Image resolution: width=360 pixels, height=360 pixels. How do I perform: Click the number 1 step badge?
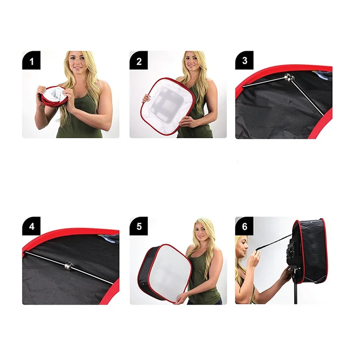coord(31,60)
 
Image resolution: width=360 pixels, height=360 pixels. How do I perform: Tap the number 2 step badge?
coord(139,60)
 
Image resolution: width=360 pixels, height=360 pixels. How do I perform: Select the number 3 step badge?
coord(244,60)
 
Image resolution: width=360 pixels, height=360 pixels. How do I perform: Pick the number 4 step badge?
coord(31,226)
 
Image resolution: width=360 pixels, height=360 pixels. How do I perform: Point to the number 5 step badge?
coord(139,226)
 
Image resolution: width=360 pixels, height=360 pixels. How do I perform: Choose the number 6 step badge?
coord(244,226)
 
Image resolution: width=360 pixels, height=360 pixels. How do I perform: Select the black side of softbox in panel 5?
coord(149,272)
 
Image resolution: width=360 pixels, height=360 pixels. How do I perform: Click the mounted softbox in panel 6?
coord(310,252)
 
